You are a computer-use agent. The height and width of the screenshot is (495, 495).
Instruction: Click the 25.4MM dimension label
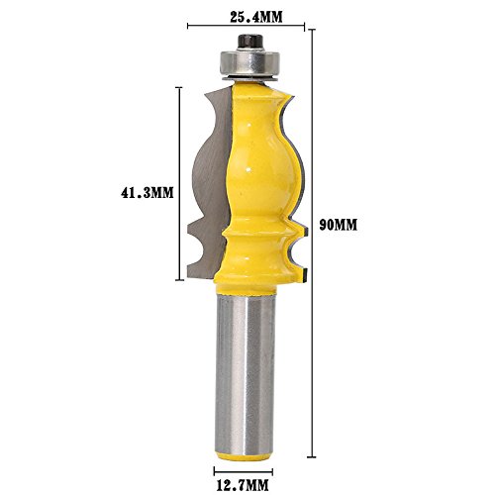[256, 18]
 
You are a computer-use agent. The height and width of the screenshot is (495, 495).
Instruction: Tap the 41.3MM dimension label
[148, 193]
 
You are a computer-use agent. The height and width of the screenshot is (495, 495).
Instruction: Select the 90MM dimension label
[339, 225]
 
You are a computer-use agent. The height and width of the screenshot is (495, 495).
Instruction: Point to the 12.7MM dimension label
[243, 485]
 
